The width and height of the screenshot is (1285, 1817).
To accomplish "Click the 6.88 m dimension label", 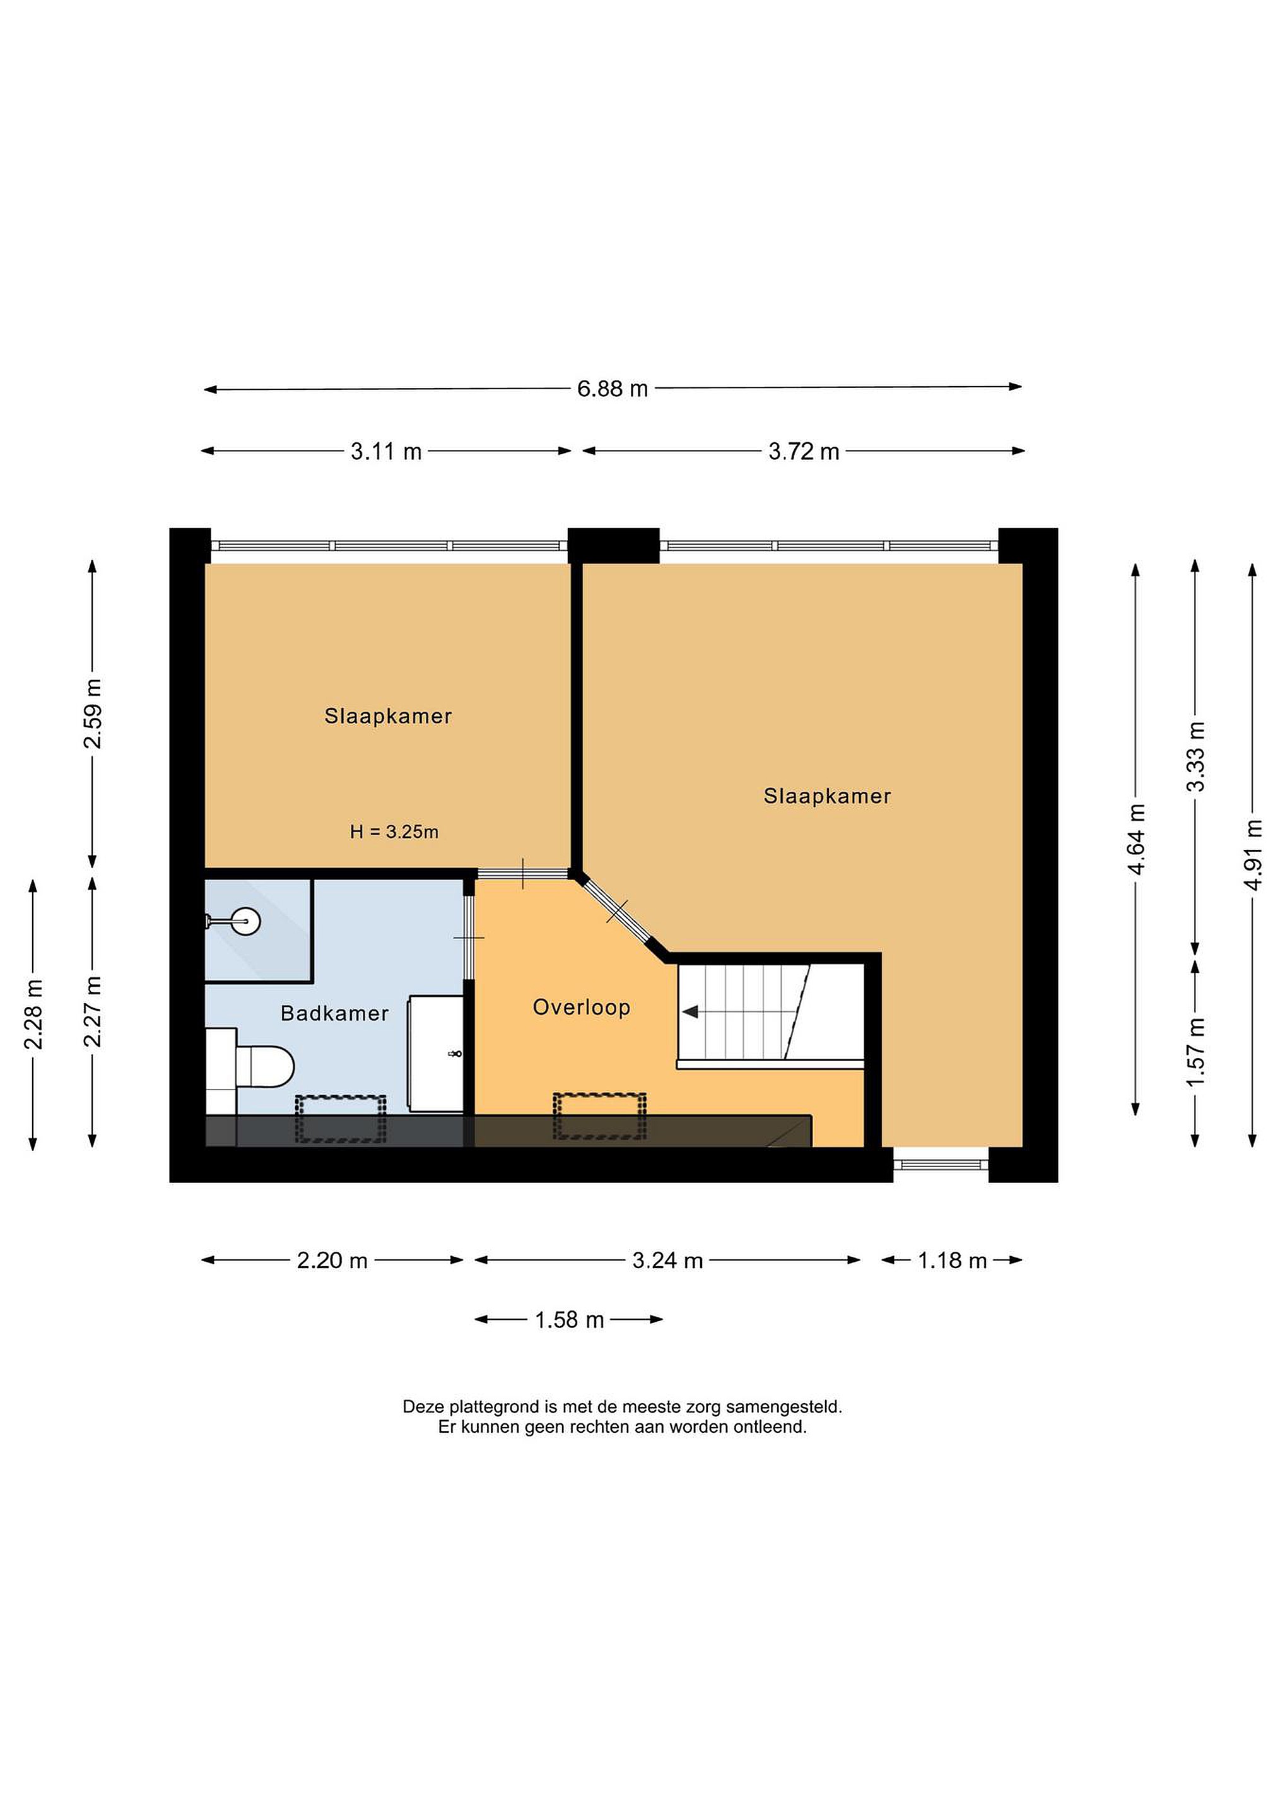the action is (x=612, y=389).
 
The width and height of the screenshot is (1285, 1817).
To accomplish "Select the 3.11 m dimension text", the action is (x=386, y=452).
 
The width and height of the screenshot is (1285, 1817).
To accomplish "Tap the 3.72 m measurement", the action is (x=803, y=452).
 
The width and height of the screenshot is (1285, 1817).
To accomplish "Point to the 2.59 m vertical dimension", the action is (x=93, y=713).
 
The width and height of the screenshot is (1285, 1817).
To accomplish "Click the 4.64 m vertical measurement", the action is (x=1136, y=839).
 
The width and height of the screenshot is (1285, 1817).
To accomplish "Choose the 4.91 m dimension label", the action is (x=1253, y=855).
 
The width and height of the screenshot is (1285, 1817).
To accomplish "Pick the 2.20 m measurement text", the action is (x=332, y=1261).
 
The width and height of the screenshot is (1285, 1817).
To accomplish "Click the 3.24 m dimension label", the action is (x=668, y=1261).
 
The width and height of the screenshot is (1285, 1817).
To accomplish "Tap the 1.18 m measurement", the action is (x=952, y=1261).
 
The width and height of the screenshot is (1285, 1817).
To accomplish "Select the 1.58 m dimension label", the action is (x=569, y=1320).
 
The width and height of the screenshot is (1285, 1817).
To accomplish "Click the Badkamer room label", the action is (x=335, y=1013).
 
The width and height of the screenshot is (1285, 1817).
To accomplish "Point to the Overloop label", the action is (x=582, y=1008).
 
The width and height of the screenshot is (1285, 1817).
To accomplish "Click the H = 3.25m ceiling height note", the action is (x=394, y=832).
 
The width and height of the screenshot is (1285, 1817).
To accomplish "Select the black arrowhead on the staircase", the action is (x=689, y=1011).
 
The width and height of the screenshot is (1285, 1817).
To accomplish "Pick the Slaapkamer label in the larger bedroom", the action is (x=827, y=796).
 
